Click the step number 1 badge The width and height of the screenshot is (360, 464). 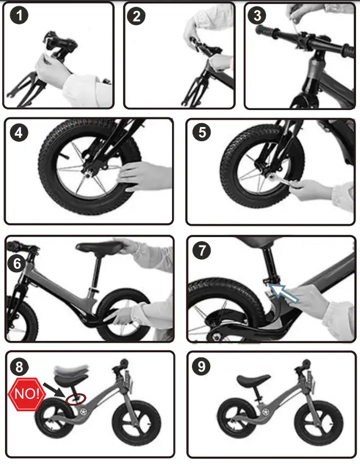[19, 15]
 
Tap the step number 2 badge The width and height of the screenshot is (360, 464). [136, 16]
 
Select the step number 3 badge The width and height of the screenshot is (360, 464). [257, 15]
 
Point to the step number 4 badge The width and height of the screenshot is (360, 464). [19, 132]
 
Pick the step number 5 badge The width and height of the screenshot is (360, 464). [202, 132]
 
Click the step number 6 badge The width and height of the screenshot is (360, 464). [17, 263]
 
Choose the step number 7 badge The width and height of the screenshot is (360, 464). [202, 250]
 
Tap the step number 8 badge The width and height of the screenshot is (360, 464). [19, 366]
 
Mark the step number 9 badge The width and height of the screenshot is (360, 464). [201, 366]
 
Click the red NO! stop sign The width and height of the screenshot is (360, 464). [27, 394]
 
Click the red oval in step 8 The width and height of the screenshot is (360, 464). [76, 399]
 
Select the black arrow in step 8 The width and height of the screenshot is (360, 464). [54, 390]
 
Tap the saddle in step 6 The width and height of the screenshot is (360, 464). [99, 247]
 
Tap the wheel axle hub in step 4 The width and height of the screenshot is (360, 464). [90, 174]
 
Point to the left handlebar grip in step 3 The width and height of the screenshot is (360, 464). [267, 31]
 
